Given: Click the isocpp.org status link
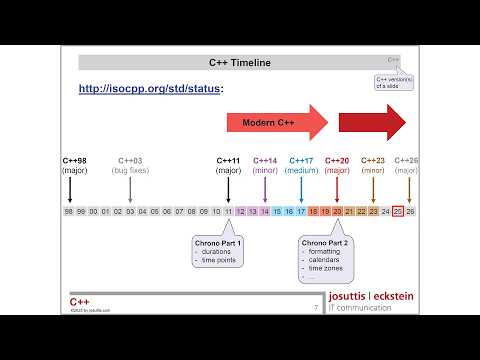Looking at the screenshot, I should click(151, 89).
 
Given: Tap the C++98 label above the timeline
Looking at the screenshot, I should click(74, 160).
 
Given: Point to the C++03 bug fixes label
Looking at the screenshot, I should click(131, 160).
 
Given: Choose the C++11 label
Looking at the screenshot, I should click(229, 160).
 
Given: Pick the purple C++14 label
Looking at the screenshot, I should click(265, 160).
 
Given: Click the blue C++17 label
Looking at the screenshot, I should click(301, 160).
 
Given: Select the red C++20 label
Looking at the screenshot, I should click(337, 160).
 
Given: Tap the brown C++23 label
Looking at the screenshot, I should click(372, 160).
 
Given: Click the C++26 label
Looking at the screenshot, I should click(407, 160).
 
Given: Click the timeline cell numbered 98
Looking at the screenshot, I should click(69, 211).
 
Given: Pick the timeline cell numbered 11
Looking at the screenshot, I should click(228, 211).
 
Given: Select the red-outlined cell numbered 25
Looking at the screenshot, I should click(398, 211).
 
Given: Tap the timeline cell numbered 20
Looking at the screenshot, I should click(337, 211).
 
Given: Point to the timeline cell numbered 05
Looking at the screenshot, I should click(154, 211).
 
